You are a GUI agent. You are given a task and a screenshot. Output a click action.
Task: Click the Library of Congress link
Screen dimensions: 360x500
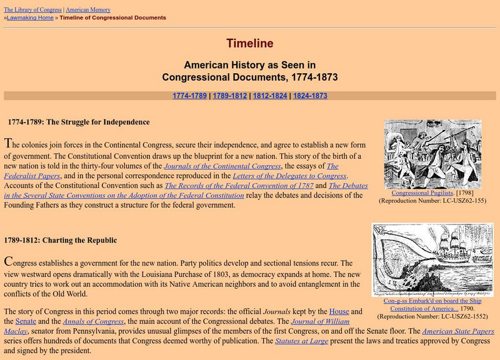32,10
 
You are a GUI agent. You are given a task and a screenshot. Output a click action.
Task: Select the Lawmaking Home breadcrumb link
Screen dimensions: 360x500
30,17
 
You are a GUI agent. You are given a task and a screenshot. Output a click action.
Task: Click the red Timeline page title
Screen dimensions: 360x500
249,44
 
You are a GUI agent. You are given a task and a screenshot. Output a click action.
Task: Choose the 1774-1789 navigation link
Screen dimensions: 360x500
189,96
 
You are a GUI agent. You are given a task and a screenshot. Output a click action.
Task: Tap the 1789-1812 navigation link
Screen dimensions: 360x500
229,96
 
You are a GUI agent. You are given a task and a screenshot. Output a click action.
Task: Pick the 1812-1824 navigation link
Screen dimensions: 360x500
269,96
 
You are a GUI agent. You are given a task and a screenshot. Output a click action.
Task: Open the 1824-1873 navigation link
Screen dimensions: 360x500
309,96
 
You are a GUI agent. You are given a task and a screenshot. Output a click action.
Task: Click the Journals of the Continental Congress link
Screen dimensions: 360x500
222,166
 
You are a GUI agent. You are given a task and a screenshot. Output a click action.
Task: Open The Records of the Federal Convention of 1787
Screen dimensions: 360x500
239,186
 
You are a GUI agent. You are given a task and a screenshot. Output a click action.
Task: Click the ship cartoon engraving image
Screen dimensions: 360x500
433,259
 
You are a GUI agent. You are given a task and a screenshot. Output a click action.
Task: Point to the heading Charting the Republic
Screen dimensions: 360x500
60,240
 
